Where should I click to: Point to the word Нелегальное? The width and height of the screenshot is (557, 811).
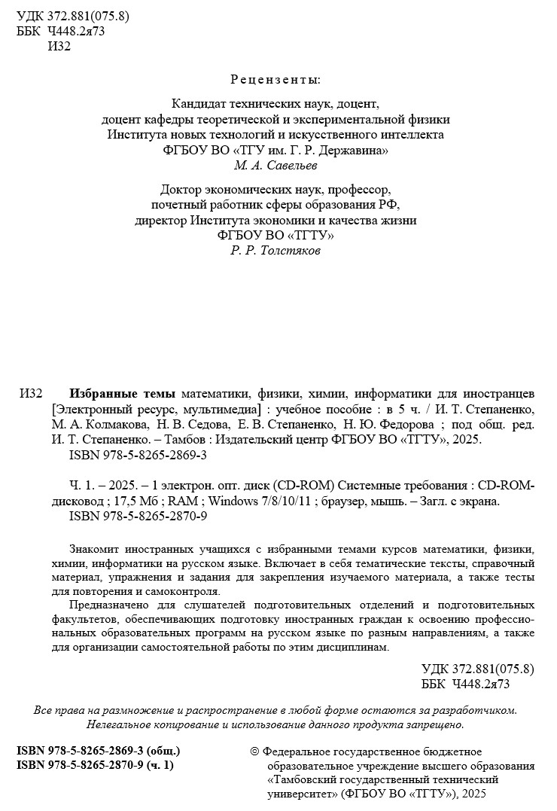pyautogui.click(x=124, y=724)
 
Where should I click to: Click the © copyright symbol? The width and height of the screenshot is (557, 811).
pyautogui.click(x=253, y=752)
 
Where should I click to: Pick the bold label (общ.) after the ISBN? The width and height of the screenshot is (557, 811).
pyautogui.click(x=162, y=752)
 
